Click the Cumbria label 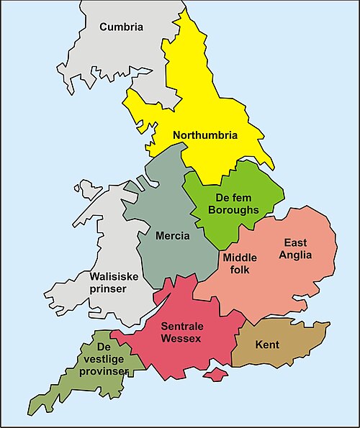tap(122, 27)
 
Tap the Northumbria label tap(204, 135)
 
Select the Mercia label tap(172, 235)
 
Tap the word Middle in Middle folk tap(240, 258)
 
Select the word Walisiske tap(114, 276)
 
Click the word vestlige tap(106, 358)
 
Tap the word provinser tap(105, 370)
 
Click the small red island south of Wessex tap(214, 375)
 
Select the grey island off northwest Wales tap(89, 190)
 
